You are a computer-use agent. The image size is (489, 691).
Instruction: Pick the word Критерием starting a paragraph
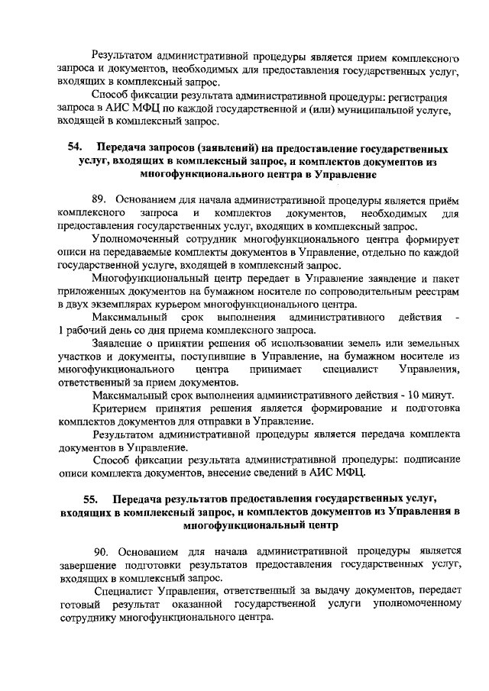point(118,408)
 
